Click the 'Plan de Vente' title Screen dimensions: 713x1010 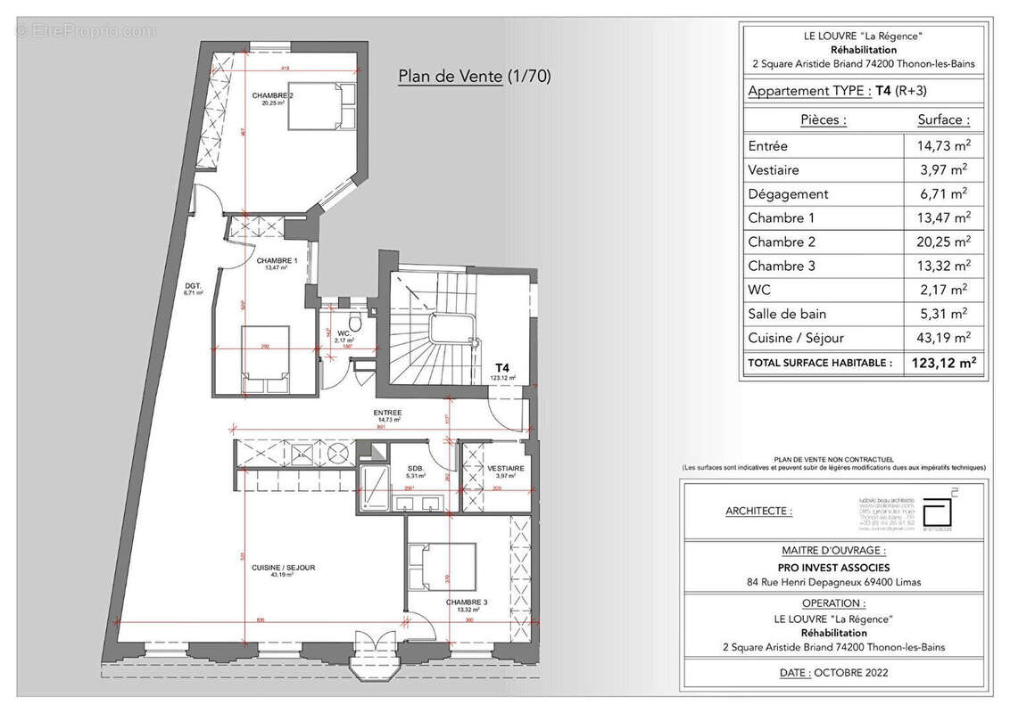tap(474, 77)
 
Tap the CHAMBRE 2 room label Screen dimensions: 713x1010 tap(272, 96)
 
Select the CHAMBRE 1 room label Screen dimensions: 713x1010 tap(277, 262)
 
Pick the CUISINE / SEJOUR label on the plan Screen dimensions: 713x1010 tap(284, 568)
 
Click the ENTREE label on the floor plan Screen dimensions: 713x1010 tap(388, 414)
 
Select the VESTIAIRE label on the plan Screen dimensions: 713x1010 tap(505, 469)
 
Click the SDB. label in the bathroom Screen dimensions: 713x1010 tap(416, 469)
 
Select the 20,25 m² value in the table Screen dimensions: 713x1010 tap(944, 242)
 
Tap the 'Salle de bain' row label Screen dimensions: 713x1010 tap(787, 314)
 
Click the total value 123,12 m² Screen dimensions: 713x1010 tap(942, 363)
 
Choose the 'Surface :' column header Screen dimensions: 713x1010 tap(943, 119)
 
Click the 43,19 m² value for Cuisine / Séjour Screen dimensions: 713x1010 tap(944, 339)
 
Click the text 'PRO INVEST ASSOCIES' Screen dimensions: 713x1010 tap(833, 568)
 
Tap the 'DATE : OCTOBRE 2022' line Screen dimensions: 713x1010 tap(833, 673)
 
